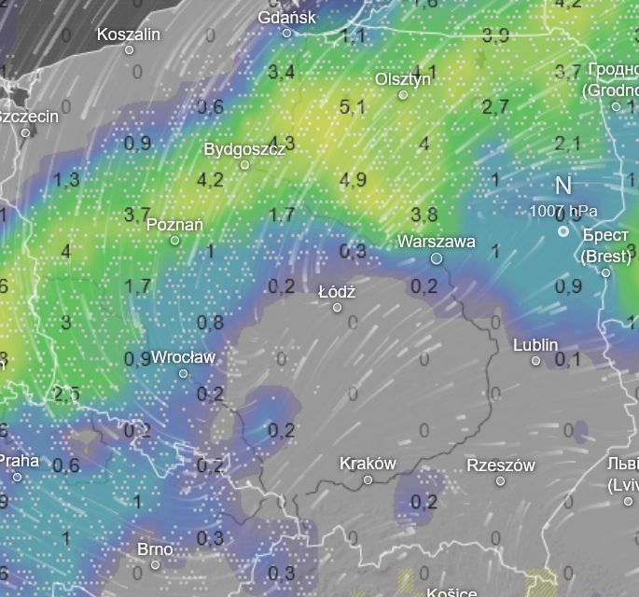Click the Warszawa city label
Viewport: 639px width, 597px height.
[436, 242]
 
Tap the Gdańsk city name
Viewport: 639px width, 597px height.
[286, 18]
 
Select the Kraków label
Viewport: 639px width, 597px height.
[368, 464]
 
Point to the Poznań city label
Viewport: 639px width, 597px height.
[174, 225]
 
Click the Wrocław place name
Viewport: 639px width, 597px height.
[183, 357]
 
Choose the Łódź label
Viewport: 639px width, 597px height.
[337, 292]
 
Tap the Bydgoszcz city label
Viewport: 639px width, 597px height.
[244, 149]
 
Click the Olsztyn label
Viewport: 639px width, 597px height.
[403, 79]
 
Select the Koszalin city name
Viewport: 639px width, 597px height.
[129, 35]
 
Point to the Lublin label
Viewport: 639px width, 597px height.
[535, 345]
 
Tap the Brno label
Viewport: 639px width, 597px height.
[155, 548]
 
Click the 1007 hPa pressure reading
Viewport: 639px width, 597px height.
[563, 211]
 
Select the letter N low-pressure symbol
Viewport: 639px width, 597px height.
[563, 186]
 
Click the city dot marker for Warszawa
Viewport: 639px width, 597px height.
[436, 258]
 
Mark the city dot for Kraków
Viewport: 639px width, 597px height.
[368, 479]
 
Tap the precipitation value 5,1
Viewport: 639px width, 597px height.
[353, 107]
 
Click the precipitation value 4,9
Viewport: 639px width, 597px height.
[353, 180]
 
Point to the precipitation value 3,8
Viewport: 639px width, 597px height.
[424, 215]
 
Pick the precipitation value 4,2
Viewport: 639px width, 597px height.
[211, 179]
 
